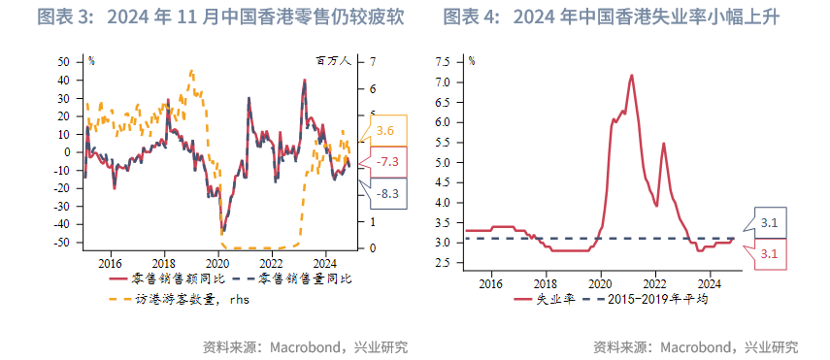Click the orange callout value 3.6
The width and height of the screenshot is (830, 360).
385,130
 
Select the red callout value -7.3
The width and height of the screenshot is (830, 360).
385,161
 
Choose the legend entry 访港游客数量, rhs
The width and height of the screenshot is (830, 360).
181,299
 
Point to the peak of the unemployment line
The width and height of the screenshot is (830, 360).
632,75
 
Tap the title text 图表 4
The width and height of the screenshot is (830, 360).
473,17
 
